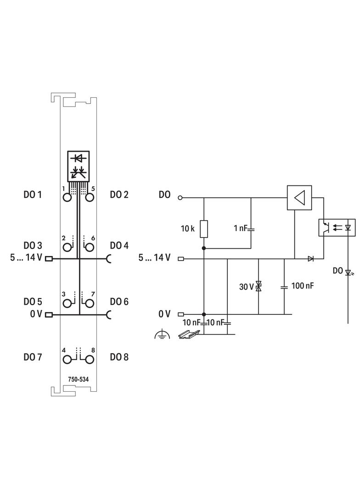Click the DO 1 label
coord(33,195)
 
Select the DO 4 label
coord(119,245)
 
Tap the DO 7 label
coord(33,357)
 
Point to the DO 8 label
coord(119,357)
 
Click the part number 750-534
coord(79,379)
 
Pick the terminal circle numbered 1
coord(67,197)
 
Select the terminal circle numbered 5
coord(90,197)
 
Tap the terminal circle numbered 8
coord(90,359)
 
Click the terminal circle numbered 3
coord(67,303)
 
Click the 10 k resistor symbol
coord(203,228)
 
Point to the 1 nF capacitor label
coord(241,228)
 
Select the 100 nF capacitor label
coord(303,286)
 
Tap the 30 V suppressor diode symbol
coord(259,287)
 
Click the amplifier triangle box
coord(299,198)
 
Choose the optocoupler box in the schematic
coord(337,227)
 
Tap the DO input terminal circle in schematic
coord(180,198)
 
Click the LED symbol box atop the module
coord(79,165)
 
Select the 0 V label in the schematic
coord(164,314)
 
